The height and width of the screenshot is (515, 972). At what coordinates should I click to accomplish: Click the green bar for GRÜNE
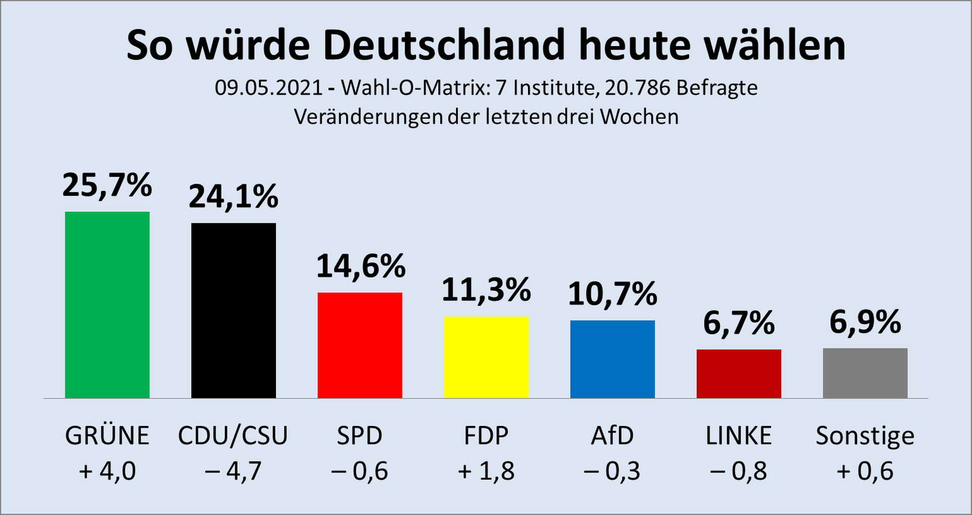tap(107, 305)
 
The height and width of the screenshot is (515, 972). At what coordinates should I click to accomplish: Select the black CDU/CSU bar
tap(233, 310)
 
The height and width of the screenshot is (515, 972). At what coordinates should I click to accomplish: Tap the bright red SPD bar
tap(360, 345)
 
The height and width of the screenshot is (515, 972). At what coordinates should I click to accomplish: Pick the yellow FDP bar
tap(486, 358)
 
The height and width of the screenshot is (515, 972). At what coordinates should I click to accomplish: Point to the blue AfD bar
tap(613, 359)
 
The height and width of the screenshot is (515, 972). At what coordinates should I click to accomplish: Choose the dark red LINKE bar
tap(739, 374)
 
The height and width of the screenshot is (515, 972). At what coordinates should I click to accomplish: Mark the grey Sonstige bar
tap(865, 373)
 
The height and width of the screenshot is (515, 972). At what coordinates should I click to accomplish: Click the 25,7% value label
tap(107, 185)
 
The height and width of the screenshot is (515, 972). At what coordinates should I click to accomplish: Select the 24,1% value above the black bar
tap(233, 196)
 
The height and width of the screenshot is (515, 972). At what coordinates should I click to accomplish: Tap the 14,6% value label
tap(360, 266)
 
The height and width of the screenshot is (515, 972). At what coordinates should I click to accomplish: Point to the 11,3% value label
tap(486, 290)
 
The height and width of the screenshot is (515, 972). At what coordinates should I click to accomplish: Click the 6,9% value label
tap(865, 322)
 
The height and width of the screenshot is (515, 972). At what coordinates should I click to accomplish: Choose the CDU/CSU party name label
tap(233, 436)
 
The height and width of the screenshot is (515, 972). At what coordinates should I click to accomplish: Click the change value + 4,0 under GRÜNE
tap(107, 471)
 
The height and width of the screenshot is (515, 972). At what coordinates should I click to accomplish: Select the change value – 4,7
tap(233, 471)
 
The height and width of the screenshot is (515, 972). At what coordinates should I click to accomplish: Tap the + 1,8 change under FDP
tap(486, 471)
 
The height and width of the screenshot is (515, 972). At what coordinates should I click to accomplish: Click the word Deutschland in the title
tap(444, 46)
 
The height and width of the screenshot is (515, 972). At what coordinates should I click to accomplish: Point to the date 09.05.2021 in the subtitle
tap(269, 88)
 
